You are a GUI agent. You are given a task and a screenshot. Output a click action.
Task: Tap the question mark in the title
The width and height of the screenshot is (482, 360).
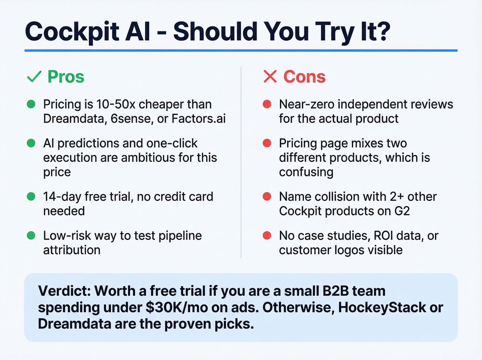click(380, 31)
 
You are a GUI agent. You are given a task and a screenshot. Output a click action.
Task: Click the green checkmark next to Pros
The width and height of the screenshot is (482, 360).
click(34, 76)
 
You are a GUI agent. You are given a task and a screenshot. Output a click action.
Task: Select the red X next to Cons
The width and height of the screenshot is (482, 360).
click(270, 76)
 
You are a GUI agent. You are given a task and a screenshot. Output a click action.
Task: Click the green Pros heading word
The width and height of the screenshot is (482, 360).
click(66, 76)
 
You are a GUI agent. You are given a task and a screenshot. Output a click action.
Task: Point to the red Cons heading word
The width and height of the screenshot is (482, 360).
click(304, 76)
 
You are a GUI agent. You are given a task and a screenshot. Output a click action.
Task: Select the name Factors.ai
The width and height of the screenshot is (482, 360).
click(199, 119)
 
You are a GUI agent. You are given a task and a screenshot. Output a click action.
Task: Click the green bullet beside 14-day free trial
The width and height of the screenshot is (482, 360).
click(31, 196)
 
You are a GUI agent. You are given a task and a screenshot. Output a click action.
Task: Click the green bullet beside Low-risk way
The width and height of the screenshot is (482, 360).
click(31, 236)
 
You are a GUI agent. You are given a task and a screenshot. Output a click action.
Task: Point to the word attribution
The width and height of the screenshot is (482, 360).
click(72, 250)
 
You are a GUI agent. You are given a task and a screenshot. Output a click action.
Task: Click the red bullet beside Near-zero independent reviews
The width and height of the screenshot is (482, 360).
click(267, 104)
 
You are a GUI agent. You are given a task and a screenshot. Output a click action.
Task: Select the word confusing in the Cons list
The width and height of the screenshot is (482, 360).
click(306, 172)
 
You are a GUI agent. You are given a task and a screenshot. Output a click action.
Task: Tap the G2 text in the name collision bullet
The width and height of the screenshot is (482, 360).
click(402, 211)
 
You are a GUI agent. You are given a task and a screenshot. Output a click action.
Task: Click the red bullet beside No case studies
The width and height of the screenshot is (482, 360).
click(267, 236)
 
